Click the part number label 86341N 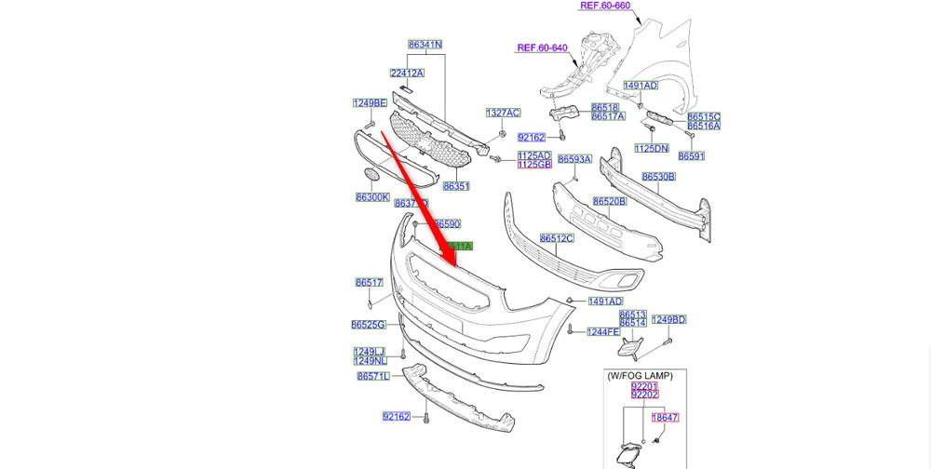[x=425, y=45]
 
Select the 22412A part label [x=407, y=73]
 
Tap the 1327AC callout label [x=503, y=113]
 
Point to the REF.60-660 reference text [x=605, y=6]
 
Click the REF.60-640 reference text [x=543, y=47]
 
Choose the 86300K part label [x=372, y=197]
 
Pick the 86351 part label [x=455, y=186]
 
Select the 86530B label [x=658, y=177]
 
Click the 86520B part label [x=609, y=201]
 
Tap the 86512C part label [x=557, y=238]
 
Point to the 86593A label [x=575, y=159]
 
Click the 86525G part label [x=369, y=325]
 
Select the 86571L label [x=373, y=377]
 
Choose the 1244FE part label [x=602, y=331]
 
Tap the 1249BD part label [x=668, y=320]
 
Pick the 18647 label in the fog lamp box [x=665, y=419]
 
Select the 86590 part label [x=447, y=224]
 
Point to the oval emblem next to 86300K [x=371, y=174]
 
